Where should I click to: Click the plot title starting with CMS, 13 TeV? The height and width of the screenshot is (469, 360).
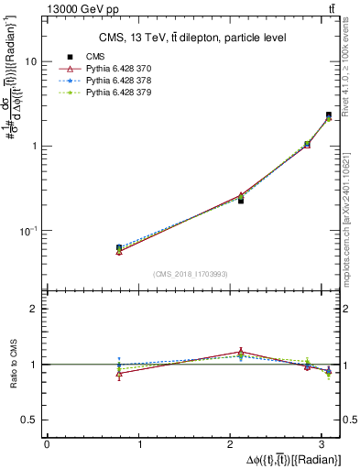click(x=191, y=38)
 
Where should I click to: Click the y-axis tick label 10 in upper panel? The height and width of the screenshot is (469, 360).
click(x=30, y=62)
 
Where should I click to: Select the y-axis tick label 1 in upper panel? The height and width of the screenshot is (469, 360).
click(x=33, y=147)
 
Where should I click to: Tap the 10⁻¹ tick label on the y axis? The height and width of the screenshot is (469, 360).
click(x=27, y=230)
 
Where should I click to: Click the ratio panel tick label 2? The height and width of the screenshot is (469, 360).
click(x=33, y=310)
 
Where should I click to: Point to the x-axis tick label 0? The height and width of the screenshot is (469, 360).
click(x=47, y=444)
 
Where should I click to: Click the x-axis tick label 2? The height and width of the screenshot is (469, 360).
click(x=234, y=444)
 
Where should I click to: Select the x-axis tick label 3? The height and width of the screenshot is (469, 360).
click(x=327, y=444)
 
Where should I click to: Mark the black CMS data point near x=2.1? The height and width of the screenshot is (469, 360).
click(x=241, y=199)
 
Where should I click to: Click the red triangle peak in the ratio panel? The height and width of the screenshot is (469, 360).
click(x=241, y=352)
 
